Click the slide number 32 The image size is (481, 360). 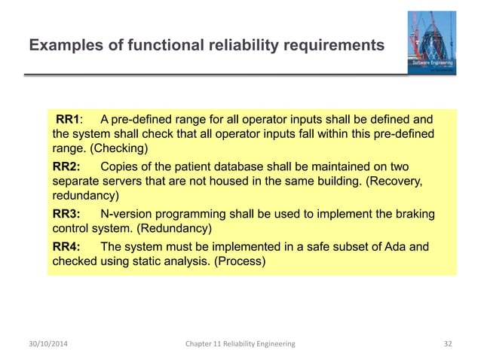pyautogui.click(x=448, y=343)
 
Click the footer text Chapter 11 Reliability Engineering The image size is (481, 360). pyautogui.click(x=240, y=343)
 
